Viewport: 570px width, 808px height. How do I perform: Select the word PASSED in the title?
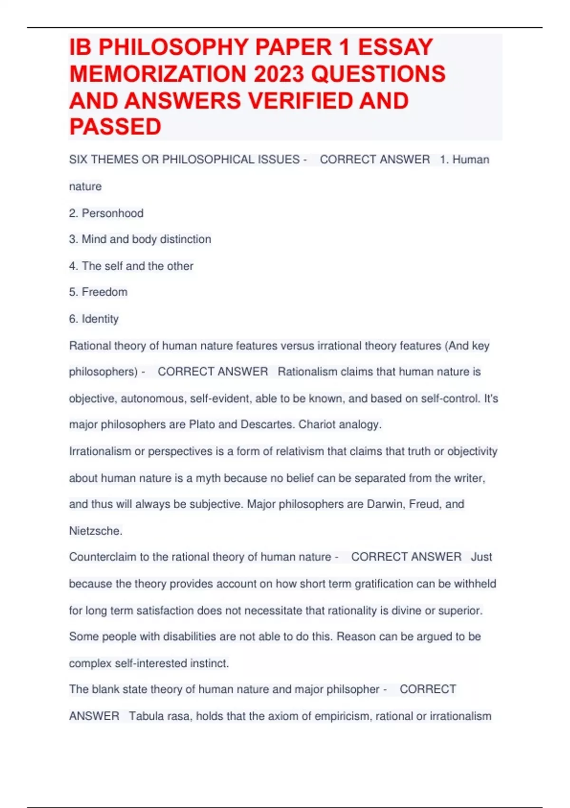(115, 127)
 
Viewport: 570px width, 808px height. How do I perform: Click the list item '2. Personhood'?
(106, 213)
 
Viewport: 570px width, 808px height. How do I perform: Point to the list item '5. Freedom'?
(98, 292)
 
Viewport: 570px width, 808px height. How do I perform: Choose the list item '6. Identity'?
(94, 318)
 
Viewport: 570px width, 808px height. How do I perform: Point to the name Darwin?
(385, 504)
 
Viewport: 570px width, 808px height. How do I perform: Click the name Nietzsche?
(95, 531)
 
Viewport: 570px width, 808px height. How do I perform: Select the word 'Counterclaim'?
(103, 557)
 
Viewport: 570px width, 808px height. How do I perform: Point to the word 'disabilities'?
(190, 636)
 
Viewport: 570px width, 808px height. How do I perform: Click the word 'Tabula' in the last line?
(146, 716)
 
